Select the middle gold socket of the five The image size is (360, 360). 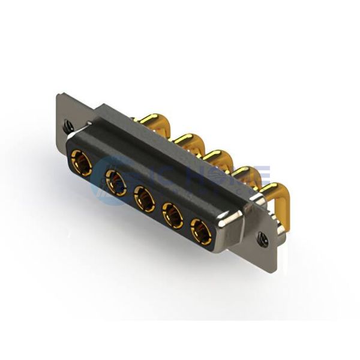(144, 197)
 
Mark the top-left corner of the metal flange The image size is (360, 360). (58, 94)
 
